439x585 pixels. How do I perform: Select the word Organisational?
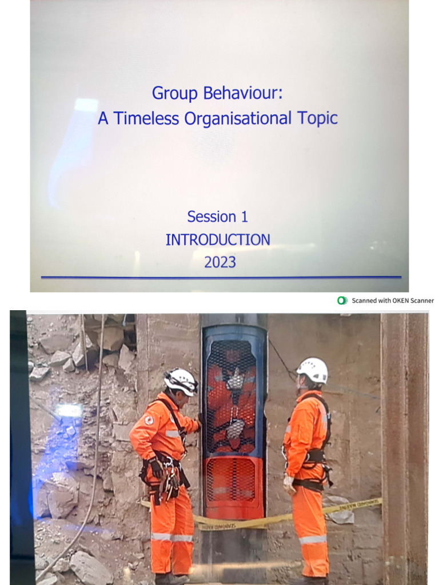coord(238,118)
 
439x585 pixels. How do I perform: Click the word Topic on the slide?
coord(317,118)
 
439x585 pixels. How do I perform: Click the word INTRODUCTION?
coord(218,240)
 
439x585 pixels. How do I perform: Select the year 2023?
coord(219,262)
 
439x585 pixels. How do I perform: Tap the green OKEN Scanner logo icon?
coord(342,300)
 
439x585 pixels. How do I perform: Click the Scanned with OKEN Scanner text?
coord(393,300)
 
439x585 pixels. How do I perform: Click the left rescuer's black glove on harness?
coord(155,468)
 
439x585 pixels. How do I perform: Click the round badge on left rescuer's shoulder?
coord(149,420)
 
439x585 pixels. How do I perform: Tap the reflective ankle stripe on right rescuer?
coord(313,539)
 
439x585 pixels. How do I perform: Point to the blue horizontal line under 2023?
coord(221,278)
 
